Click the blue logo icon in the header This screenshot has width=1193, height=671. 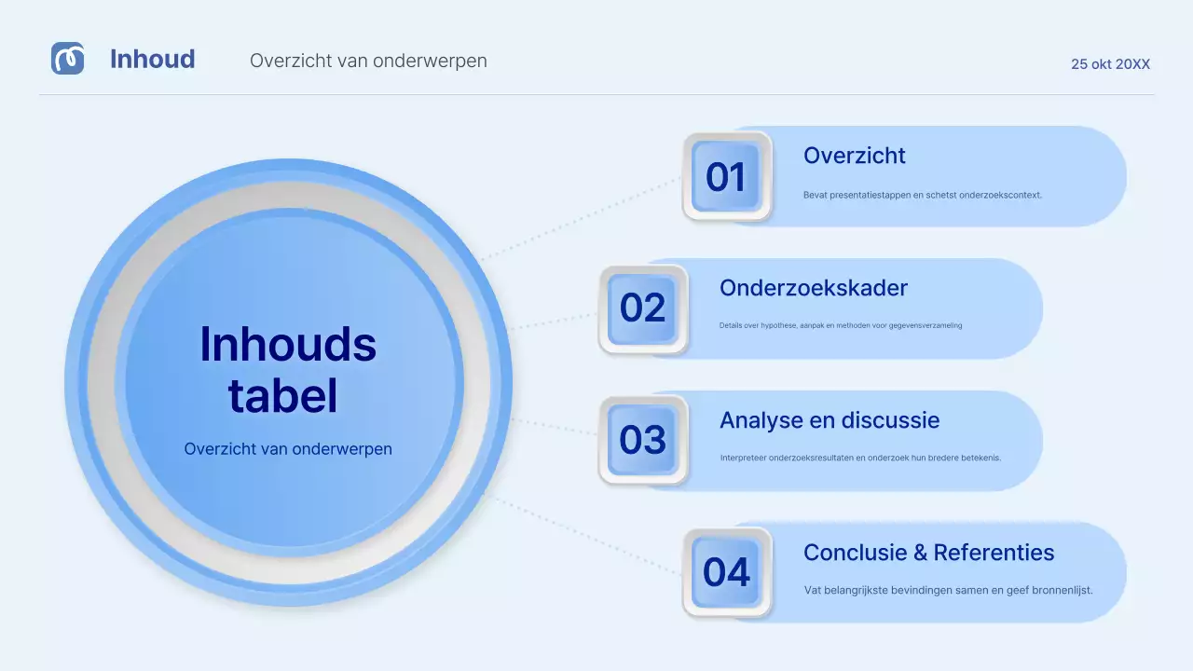click(67, 59)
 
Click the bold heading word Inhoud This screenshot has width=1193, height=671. click(152, 59)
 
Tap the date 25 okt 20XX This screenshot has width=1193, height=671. click(1110, 64)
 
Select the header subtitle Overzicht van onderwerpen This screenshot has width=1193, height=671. click(368, 61)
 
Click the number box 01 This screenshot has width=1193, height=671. click(727, 176)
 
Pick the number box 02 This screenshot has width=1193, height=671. click(643, 308)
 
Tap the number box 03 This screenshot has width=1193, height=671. click(643, 440)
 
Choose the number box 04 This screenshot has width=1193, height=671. click(727, 572)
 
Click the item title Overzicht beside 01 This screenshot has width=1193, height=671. click(854, 156)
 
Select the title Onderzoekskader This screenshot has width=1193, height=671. click(813, 288)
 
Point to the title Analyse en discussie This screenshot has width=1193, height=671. click(829, 420)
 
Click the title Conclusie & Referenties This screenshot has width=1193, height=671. click(928, 553)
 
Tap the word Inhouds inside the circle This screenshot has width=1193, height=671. click(288, 345)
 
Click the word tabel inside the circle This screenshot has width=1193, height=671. click(282, 396)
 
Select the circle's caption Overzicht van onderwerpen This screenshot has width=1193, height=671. click(288, 448)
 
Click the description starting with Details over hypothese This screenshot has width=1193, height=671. click(840, 326)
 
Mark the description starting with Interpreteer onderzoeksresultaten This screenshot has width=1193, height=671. click(859, 458)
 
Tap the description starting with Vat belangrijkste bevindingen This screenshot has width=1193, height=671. click(948, 590)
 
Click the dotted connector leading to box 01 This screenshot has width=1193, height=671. click(583, 219)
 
